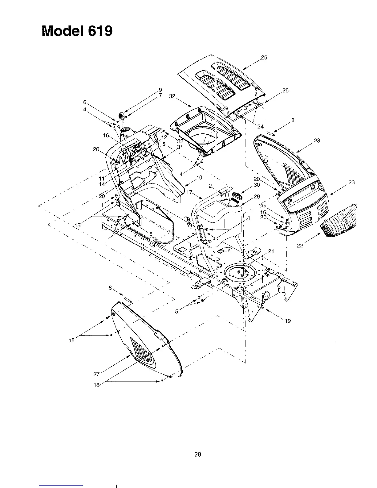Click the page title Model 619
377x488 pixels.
77,31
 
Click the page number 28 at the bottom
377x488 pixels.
198,454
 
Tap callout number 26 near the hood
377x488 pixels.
264,57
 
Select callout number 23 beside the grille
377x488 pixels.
351,182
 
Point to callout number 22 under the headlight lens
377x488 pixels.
300,246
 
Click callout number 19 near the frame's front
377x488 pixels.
288,321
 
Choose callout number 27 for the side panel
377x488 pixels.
96,374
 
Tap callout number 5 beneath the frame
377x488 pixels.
177,311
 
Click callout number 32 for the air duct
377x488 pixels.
172,96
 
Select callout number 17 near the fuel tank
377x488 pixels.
189,192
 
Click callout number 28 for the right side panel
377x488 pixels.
317,140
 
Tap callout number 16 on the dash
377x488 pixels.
106,136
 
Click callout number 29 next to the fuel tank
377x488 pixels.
257,196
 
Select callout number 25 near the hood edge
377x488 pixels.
285,91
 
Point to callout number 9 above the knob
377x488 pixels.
160,90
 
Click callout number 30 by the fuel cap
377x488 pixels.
257,185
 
